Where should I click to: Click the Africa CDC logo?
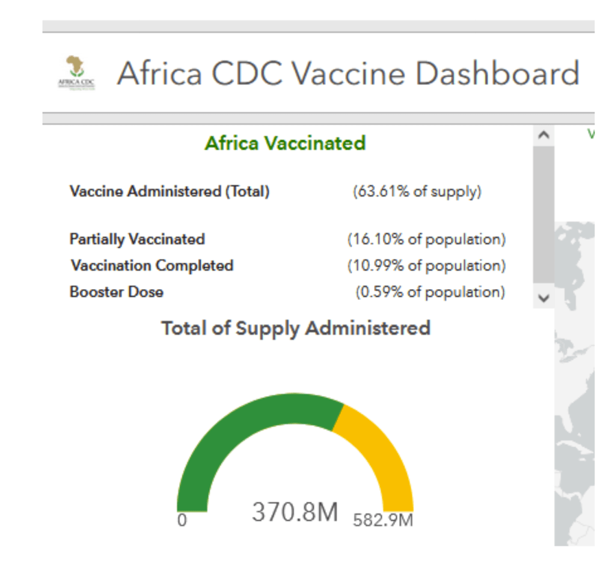[76, 72]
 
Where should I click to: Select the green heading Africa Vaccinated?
[285, 143]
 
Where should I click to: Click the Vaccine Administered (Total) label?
[170, 192]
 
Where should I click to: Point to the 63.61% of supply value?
[417, 192]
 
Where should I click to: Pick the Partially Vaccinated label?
[137, 239]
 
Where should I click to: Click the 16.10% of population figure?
[426, 239]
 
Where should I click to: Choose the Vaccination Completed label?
[152, 266]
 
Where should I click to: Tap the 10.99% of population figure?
[426, 266]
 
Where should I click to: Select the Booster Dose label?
[117, 292]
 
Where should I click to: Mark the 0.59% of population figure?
[430, 292]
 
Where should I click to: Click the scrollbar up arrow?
[543, 136]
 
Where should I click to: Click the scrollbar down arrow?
[543, 298]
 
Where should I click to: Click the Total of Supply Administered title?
[296, 328]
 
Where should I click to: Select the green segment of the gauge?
[240, 427]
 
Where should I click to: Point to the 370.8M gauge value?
[295, 512]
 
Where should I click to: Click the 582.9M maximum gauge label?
[383, 520]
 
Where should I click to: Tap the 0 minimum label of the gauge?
[182, 521]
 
